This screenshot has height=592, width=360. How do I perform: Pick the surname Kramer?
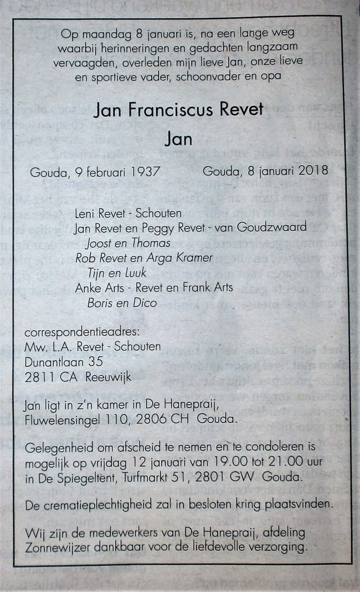pyautogui.click(x=193, y=257)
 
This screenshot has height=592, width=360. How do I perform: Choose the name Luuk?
pyautogui.click(x=134, y=273)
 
